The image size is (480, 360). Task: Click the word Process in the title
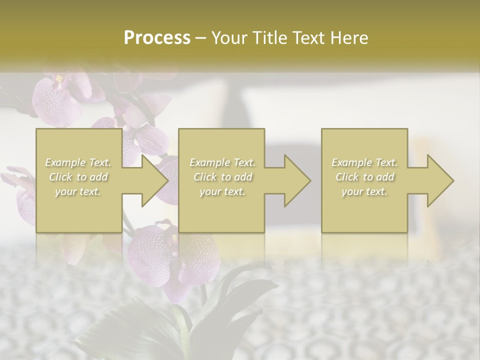tap(157, 38)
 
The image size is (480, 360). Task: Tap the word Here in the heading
tap(349, 38)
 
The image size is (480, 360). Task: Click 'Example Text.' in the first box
tap(78, 162)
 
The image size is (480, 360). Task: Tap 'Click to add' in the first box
tap(78, 177)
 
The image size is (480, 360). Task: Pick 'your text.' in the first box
tap(78, 191)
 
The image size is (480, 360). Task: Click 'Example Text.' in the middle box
tap(222, 162)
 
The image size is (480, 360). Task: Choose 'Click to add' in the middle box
tap(222, 177)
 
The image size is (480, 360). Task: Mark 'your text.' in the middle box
tap(222, 191)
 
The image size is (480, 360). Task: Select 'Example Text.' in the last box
tap(364, 162)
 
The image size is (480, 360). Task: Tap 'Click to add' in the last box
tap(364, 177)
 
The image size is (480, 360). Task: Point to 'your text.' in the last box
tap(364, 191)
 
